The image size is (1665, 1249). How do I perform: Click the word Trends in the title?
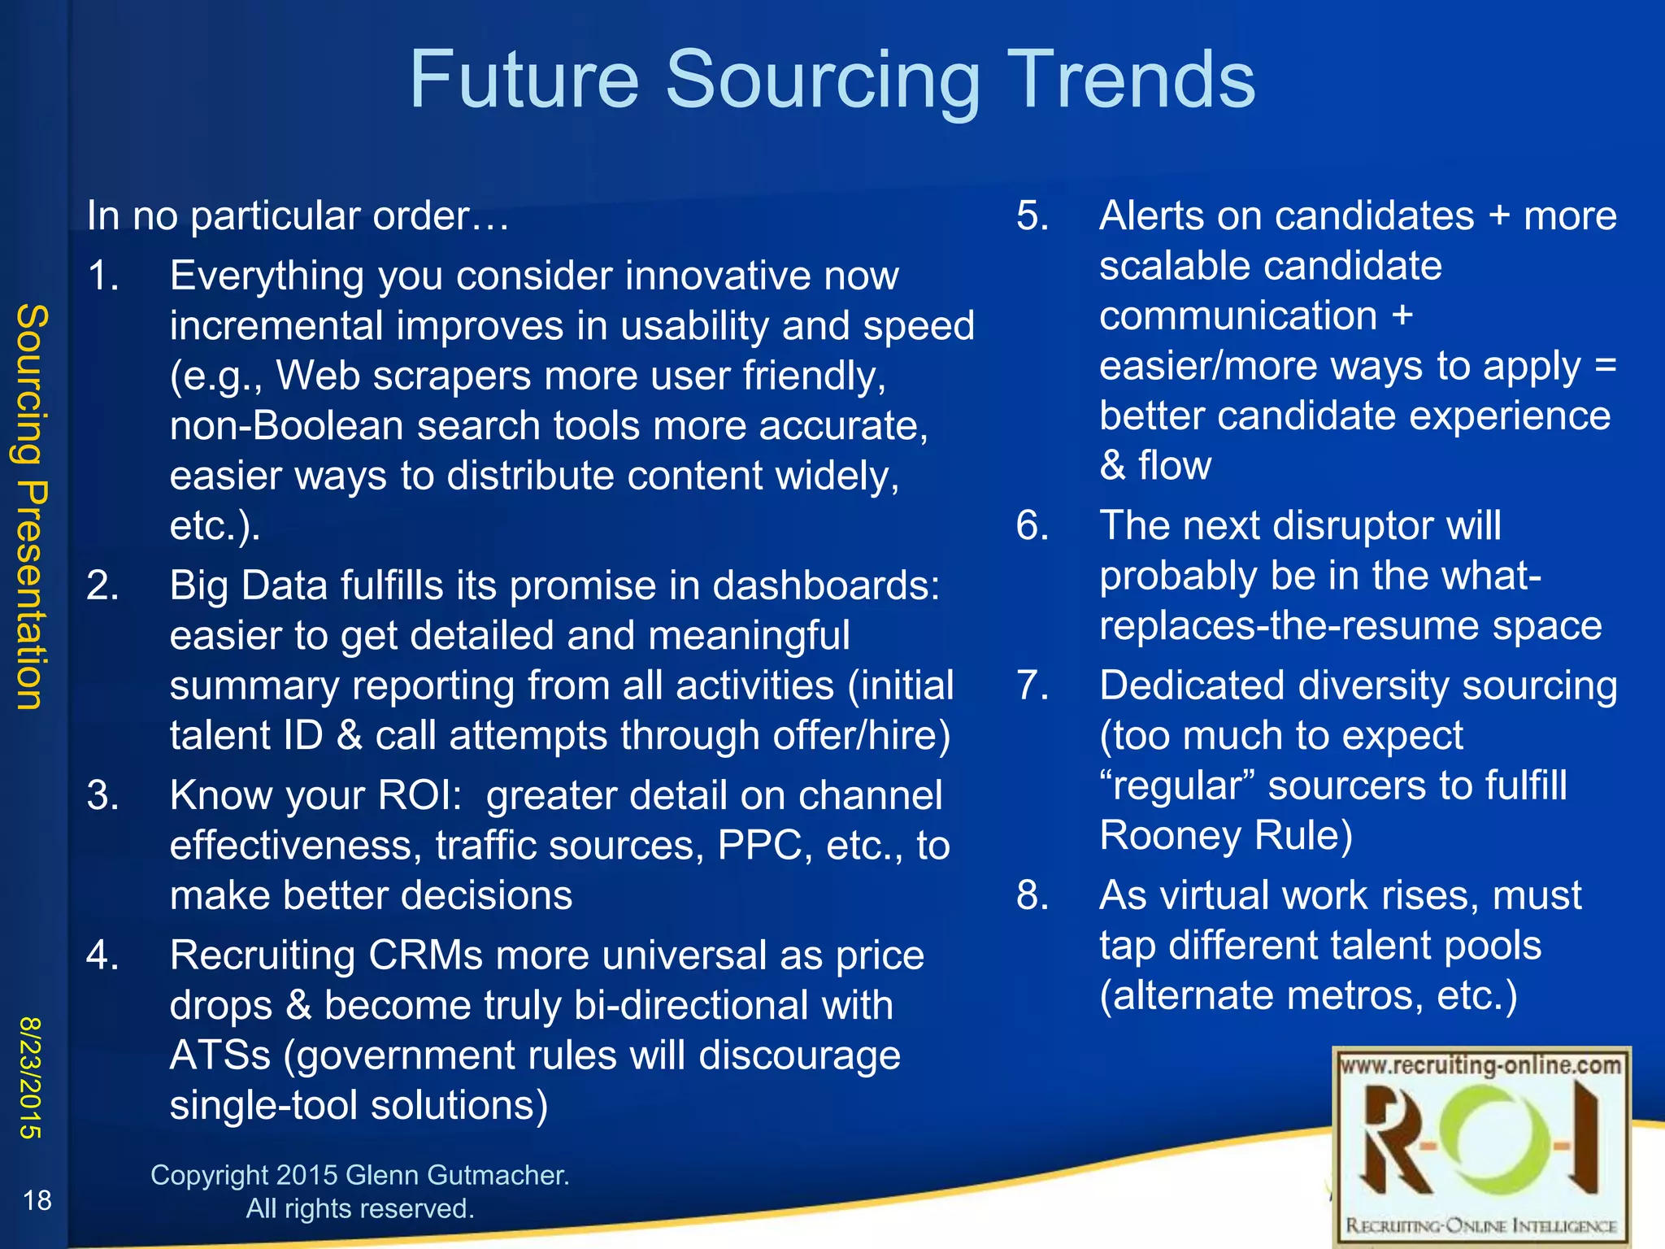click(1131, 80)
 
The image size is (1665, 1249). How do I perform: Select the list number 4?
click(102, 955)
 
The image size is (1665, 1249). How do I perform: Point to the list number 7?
click(1032, 685)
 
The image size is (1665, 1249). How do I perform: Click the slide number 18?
click(37, 1199)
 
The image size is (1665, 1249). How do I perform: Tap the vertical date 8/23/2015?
click(31, 1077)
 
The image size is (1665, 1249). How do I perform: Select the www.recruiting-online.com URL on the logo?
click(1480, 1065)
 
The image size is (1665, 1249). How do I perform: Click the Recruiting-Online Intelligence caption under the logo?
click(1480, 1225)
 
